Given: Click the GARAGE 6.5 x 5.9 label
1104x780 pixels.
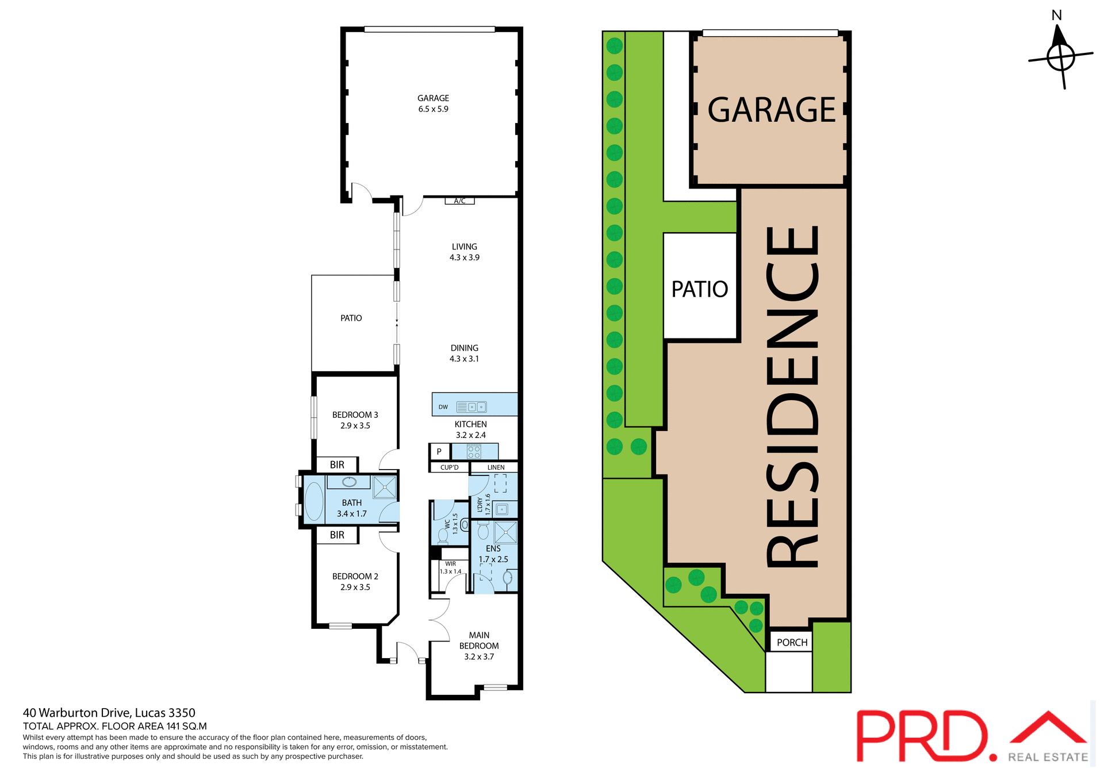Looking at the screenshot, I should (433, 103).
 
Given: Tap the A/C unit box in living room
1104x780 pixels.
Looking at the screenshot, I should (459, 201).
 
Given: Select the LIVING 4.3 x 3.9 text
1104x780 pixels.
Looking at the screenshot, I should (464, 252).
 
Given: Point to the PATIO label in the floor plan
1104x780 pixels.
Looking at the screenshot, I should (351, 318).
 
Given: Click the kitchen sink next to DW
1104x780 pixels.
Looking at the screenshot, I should (476, 407).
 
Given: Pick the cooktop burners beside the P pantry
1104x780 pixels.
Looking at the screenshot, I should (474, 451).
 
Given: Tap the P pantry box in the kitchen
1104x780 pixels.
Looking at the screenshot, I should (439, 451).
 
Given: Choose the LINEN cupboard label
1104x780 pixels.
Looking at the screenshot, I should (496, 467).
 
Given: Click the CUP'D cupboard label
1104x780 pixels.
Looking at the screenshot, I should (449, 467).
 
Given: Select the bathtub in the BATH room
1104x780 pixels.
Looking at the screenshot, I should (314, 501).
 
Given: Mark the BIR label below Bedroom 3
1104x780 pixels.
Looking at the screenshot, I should (337, 464).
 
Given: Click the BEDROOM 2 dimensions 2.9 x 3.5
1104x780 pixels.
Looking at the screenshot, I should (355, 587).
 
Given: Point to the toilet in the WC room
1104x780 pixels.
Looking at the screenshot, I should (443, 536).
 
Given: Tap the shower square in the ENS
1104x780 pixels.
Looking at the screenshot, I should (505, 532).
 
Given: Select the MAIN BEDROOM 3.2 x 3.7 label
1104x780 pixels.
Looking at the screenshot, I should (478, 645).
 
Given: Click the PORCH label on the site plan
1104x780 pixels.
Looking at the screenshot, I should (792, 642).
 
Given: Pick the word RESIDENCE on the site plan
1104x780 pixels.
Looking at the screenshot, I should (792, 397).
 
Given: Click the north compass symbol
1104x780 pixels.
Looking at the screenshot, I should (1060, 56).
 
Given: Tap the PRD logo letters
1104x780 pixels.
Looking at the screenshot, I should (923, 736).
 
